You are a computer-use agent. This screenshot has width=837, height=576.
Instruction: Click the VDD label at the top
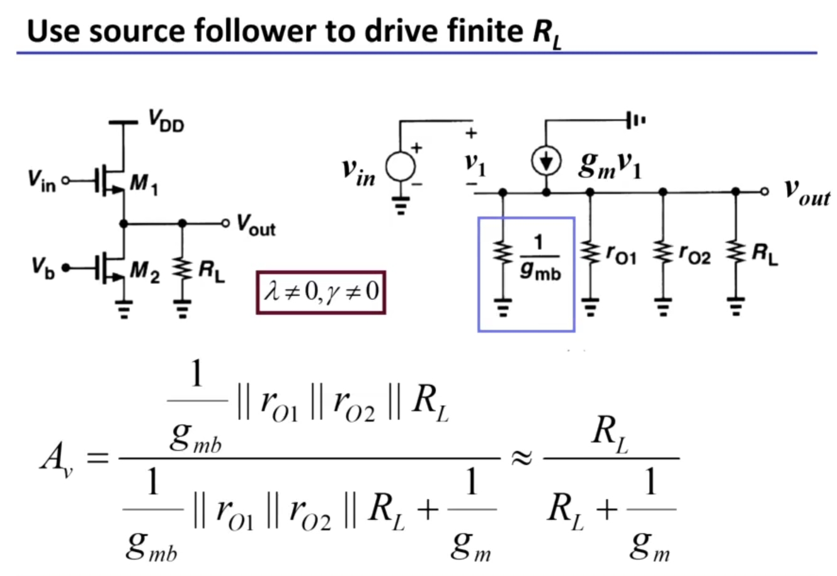click(x=167, y=121)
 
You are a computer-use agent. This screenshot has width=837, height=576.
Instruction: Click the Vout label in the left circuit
click(x=256, y=224)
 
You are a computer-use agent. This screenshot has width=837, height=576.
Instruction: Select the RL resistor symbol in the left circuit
click(x=183, y=270)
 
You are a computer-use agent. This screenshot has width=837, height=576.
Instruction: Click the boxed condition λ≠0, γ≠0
click(x=321, y=292)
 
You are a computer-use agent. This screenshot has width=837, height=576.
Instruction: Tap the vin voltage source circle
click(x=401, y=168)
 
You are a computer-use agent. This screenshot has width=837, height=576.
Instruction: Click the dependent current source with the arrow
click(x=545, y=163)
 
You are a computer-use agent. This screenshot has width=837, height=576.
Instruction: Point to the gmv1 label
click(x=610, y=165)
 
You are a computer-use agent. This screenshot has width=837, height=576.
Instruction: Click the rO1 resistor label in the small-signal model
click(x=621, y=255)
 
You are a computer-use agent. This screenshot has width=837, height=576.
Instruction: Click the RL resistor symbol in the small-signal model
click(x=735, y=253)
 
